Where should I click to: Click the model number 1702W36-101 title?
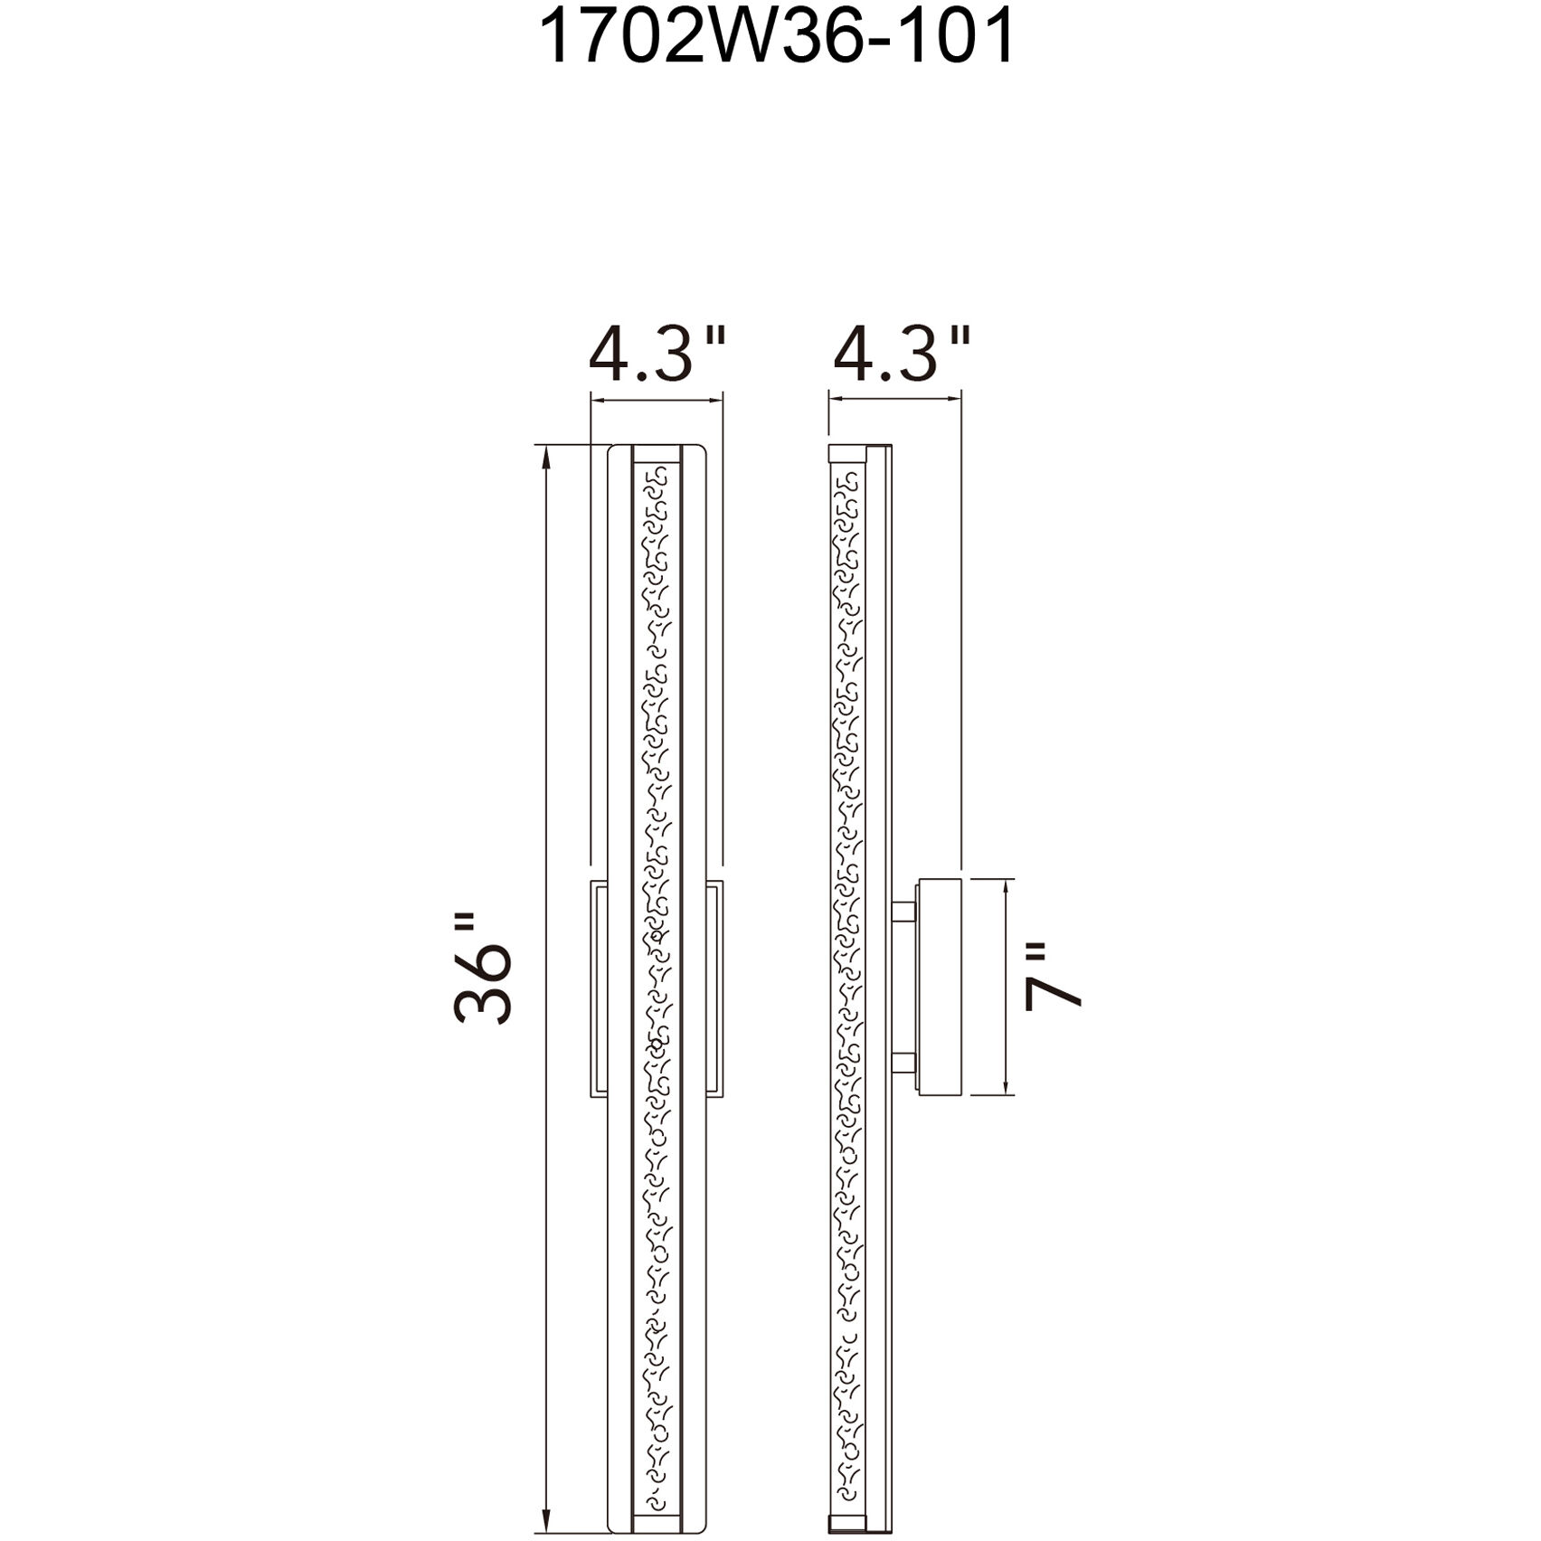(x=777, y=38)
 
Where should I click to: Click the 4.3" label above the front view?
(x=657, y=355)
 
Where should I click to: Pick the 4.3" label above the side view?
(x=902, y=355)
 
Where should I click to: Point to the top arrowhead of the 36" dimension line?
(x=546, y=458)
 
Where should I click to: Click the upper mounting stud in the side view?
(x=903, y=912)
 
